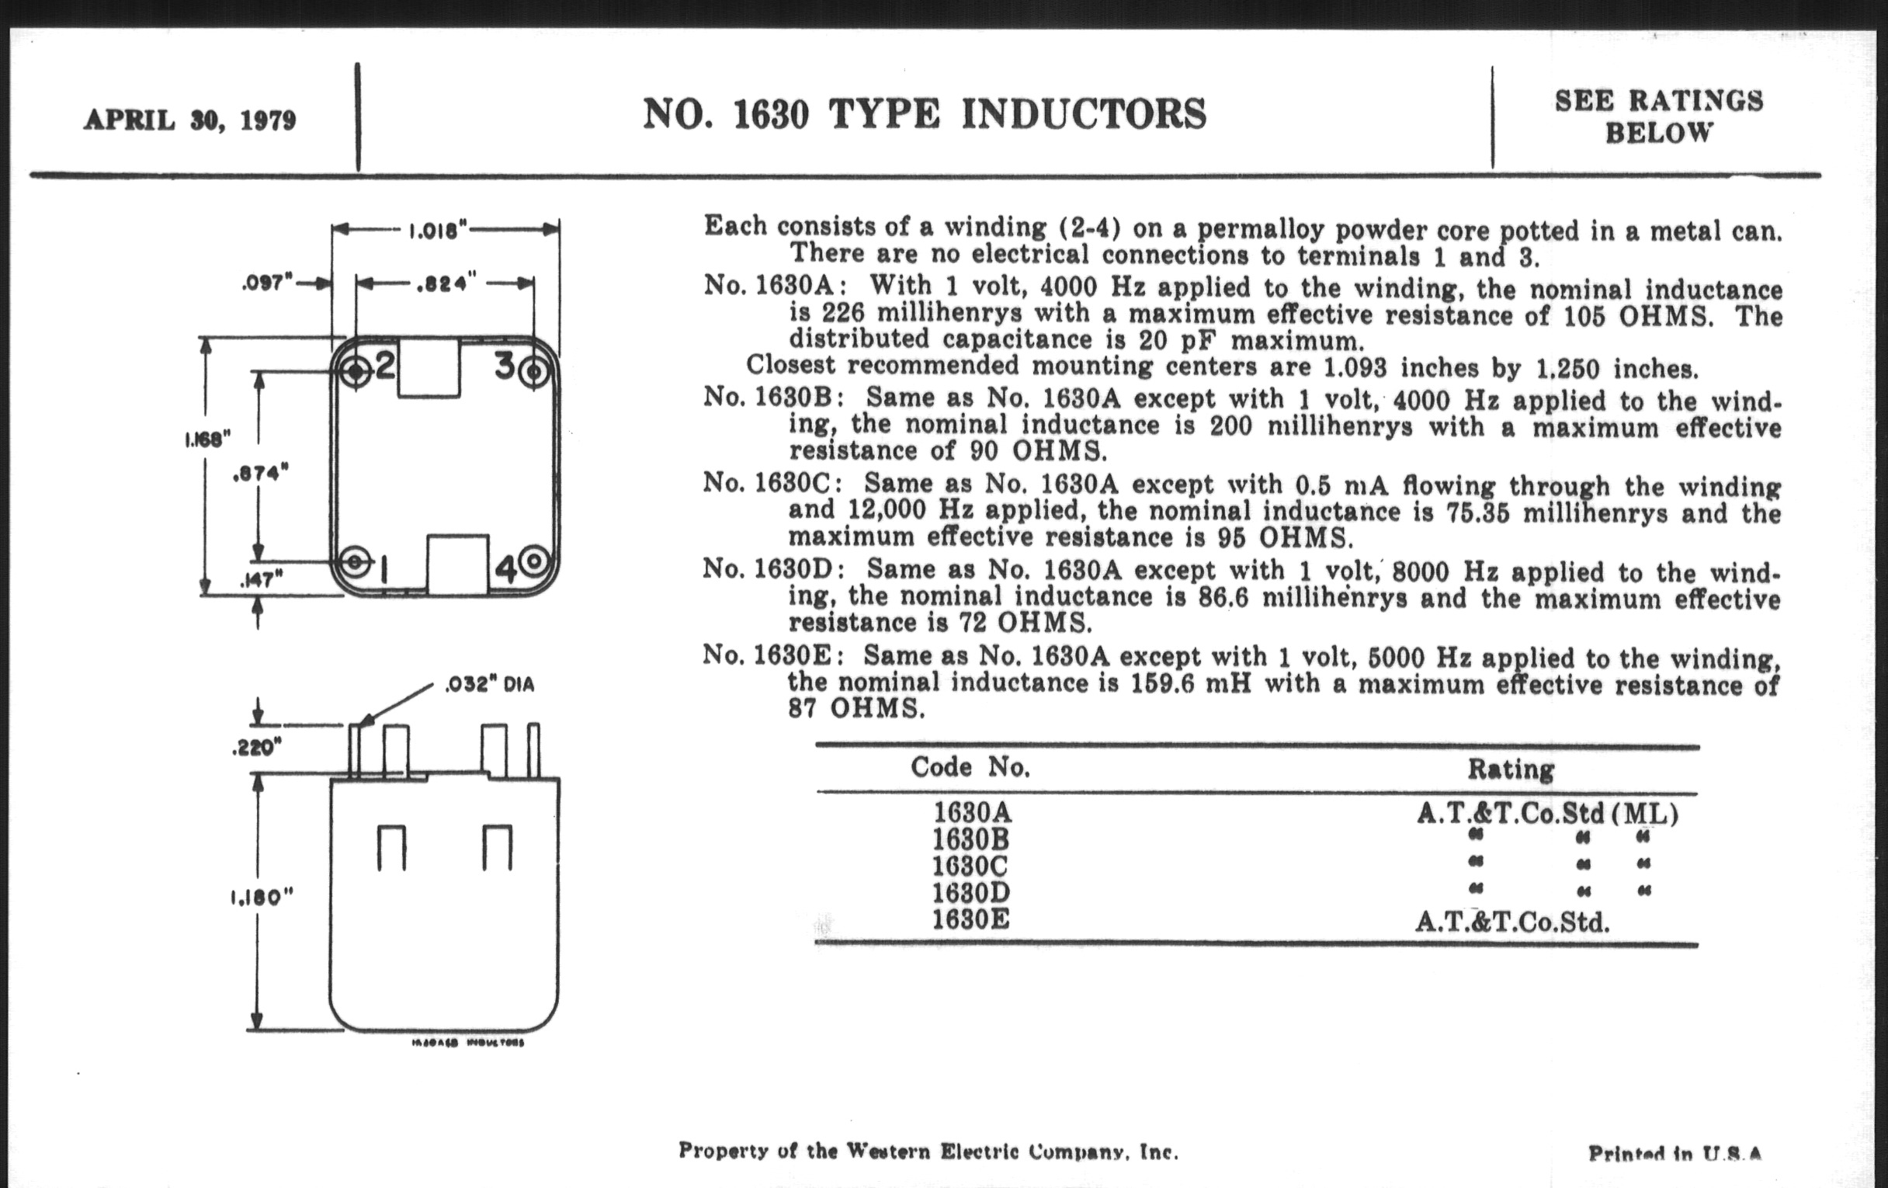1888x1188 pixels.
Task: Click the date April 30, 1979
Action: [x=189, y=120]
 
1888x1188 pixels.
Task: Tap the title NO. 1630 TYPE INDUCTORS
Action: [x=925, y=114]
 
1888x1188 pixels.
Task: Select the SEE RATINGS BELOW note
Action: [x=1658, y=116]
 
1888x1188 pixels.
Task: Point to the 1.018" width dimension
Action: [x=439, y=231]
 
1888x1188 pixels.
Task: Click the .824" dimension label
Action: [x=446, y=283]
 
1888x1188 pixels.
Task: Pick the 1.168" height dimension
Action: [x=208, y=440]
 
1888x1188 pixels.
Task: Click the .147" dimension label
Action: [x=260, y=580]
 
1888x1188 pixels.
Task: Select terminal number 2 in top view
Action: [x=384, y=366]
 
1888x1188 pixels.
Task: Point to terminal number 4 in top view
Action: [x=505, y=568]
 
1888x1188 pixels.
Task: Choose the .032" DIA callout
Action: [x=489, y=685]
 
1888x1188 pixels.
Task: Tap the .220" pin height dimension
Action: [x=256, y=749]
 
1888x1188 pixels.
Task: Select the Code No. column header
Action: [x=970, y=767]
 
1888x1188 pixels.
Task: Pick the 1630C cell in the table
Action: [x=970, y=866]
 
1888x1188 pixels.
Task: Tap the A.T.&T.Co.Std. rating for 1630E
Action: [x=1511, y=922]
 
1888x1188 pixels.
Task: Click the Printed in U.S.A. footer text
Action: [x=1674, y=1154]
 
